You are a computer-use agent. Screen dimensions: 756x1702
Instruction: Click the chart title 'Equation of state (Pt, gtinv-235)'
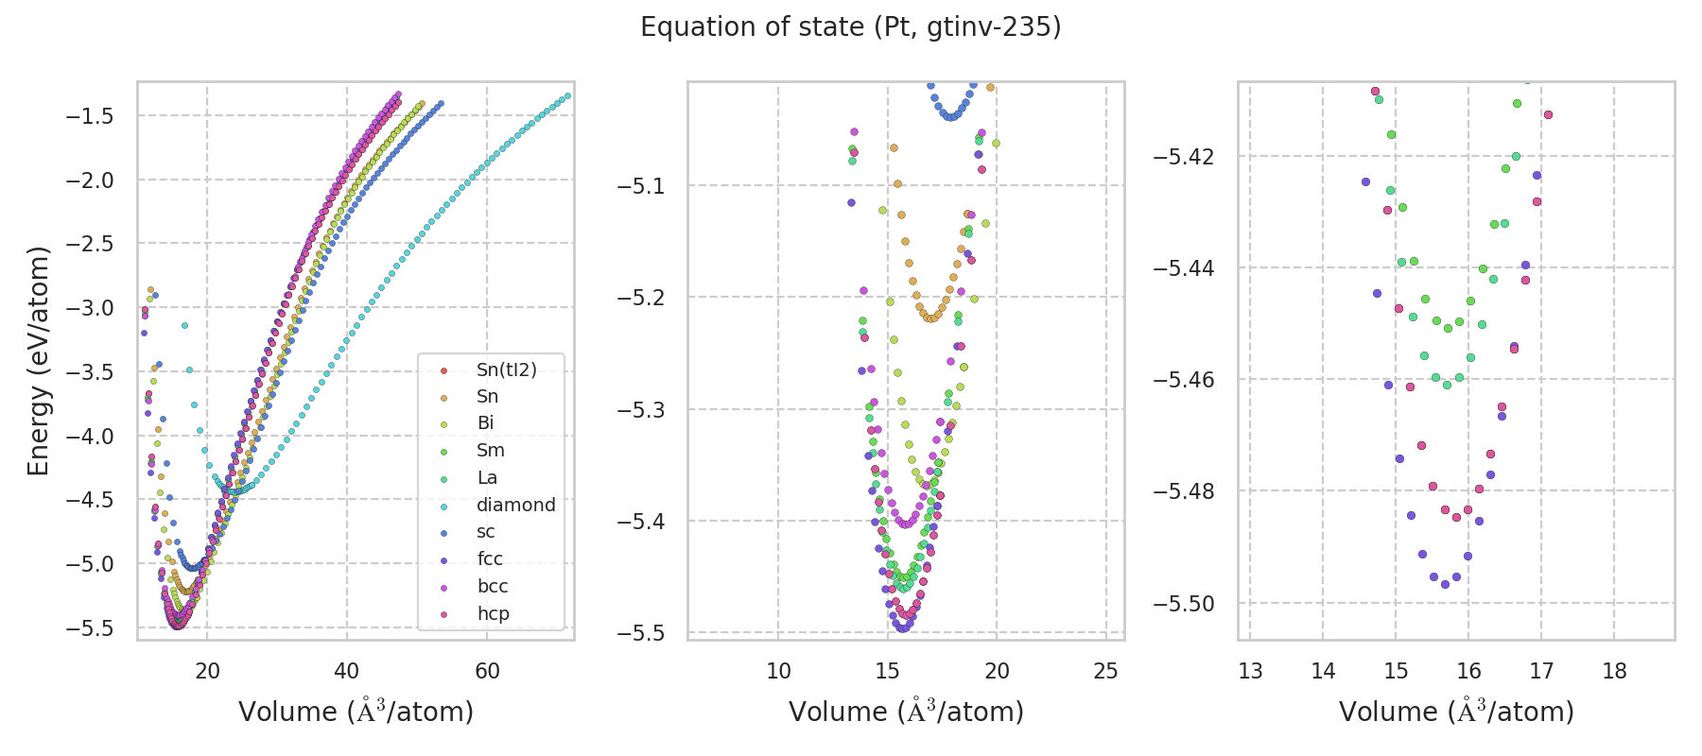point(850,27)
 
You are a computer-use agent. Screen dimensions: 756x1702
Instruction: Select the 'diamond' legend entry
point(515,505)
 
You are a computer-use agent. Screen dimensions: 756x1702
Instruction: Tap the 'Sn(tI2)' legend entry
point(506,369)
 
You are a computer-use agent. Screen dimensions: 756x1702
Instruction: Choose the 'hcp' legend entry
point(493,613)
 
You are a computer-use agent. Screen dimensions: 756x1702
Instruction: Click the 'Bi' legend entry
point(485,423)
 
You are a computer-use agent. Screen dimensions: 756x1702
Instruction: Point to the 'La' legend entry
point(487,477)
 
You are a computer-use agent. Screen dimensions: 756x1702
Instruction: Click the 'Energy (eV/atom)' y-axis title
point(38,361)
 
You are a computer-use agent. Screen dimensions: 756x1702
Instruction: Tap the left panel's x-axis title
point(356,712)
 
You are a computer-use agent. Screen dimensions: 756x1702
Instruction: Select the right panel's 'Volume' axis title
point(1456,712)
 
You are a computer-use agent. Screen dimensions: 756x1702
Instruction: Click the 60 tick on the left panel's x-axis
point(487,671)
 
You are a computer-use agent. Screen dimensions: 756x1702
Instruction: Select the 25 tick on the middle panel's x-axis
point(1105,671)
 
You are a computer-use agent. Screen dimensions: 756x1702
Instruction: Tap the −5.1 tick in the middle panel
point(642,186)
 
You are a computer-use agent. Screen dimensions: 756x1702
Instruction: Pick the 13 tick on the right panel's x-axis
point(1250,671)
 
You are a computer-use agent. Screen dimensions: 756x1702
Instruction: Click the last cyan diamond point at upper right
point(567,95)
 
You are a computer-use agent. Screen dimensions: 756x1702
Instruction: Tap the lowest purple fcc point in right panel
point(1445,584)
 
